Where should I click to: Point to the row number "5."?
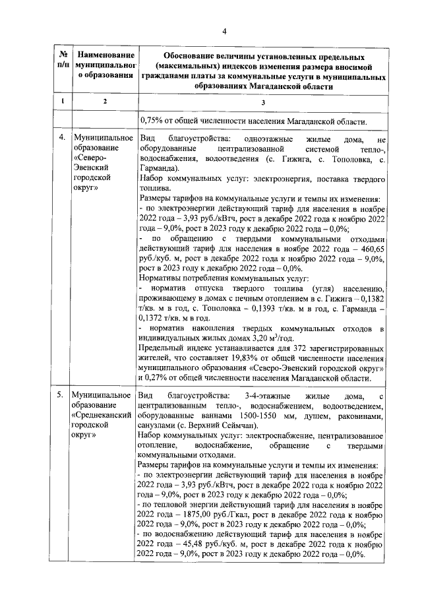click(x=60, y=395)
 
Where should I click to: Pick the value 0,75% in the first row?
click(x=152, y=121)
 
